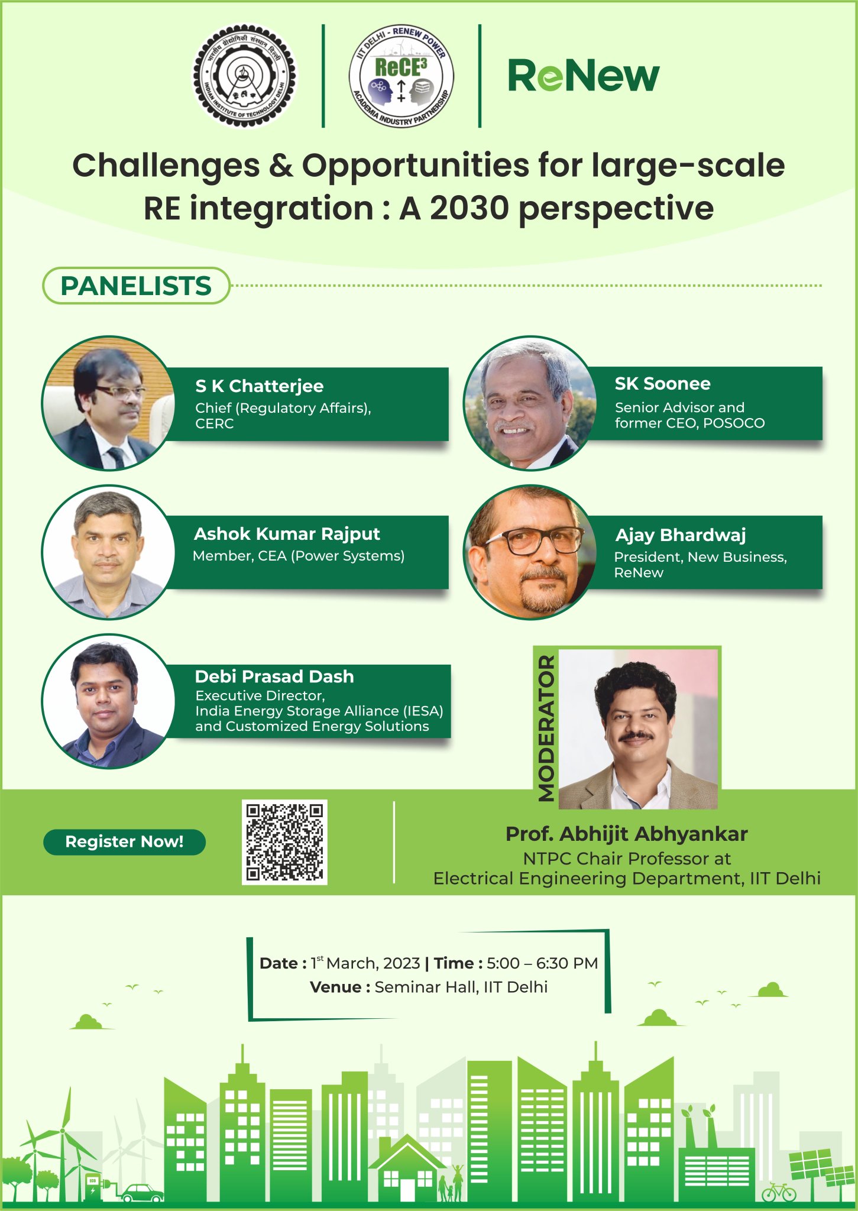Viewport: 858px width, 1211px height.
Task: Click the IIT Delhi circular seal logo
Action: coord(245,76)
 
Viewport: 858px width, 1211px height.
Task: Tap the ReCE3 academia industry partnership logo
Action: coord(402,76)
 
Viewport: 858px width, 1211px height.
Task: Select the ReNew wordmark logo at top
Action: coord(583,76)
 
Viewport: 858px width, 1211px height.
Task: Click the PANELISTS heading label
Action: coord(136,286)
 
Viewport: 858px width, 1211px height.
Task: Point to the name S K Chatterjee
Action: coord(259,386)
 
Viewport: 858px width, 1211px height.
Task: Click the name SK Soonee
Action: coord(662,384)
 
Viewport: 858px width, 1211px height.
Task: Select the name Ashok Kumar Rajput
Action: coord(287,534)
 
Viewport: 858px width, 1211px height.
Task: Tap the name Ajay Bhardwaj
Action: coord(680,535)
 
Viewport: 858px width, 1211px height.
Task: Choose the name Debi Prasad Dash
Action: coord(274,676)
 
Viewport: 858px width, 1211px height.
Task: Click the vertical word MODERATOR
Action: coord(546,728)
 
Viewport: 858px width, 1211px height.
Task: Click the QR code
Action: coord(284,842)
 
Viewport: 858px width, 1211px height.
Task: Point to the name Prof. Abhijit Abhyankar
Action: coord(626,834)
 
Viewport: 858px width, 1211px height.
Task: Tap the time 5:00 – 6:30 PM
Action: coord(542,963)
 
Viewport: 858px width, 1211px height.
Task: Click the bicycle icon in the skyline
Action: coord(778,1192)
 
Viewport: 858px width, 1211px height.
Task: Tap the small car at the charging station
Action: coord(142,1193)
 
